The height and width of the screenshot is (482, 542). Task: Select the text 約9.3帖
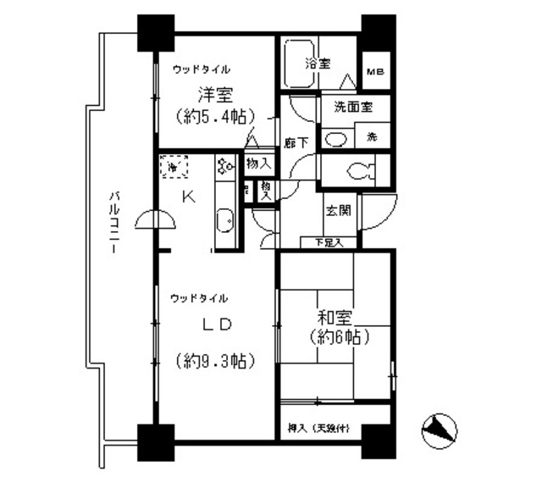pyautogui.click(x=217, y=361)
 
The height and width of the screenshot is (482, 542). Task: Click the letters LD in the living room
pyautogui.click(x=216, y=325)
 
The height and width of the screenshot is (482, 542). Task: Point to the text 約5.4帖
pyautogui.click(x=216, y=115)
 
